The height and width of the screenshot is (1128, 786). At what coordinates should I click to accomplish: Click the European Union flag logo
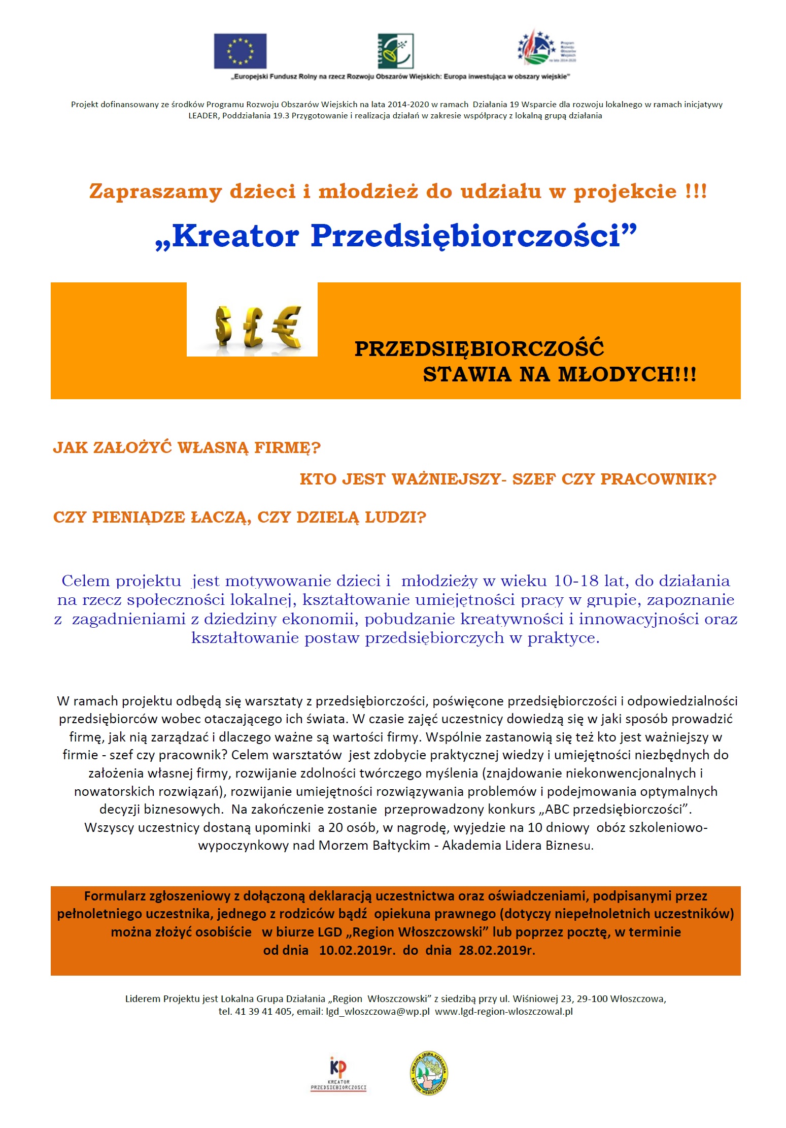point(240,51)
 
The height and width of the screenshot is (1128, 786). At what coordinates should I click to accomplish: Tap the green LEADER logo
point(395,51)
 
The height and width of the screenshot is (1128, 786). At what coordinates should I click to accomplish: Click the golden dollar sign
point(223,326)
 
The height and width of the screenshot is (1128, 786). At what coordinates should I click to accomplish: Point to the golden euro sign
point(287,326)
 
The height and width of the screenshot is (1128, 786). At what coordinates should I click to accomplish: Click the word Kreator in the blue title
point(235,236)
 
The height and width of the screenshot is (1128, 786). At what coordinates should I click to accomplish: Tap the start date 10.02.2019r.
point(357,950)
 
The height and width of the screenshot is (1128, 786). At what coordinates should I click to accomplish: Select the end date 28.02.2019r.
point(497,950)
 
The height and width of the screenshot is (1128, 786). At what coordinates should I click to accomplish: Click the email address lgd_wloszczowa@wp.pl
point(378,1012)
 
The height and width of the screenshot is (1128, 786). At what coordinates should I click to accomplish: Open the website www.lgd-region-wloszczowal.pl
point(504,1012)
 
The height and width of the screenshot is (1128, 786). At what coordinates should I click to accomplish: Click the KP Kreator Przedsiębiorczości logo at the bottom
point(338,1073)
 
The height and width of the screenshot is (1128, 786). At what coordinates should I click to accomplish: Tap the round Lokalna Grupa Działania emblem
point(429,1073)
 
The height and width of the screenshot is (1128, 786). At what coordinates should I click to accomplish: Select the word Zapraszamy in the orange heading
point(156,192)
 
